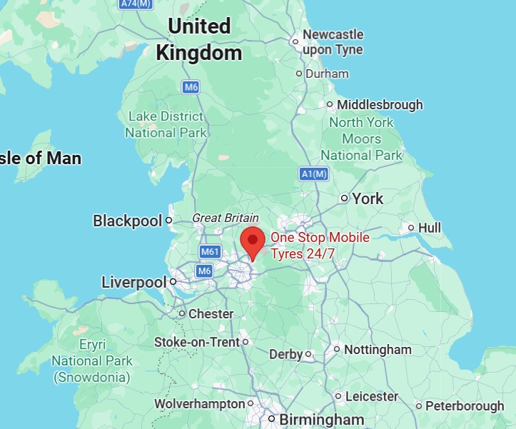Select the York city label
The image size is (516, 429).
368,198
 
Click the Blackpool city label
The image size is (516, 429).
128,221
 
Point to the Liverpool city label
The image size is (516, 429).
133,282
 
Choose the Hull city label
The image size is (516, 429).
430,228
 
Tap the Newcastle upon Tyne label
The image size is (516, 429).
333,42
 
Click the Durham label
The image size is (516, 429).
327,74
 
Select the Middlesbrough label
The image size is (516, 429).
380,105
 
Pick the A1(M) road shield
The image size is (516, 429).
313,174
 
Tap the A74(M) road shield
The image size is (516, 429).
137,4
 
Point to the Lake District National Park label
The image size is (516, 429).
166,124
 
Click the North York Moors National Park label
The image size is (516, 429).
362,138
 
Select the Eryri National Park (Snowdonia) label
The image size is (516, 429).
92,360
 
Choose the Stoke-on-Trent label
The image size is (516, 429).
197,343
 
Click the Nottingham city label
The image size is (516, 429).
378,350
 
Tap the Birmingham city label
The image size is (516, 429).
321,419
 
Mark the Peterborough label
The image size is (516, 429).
465,406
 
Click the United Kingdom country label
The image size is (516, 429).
199,39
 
